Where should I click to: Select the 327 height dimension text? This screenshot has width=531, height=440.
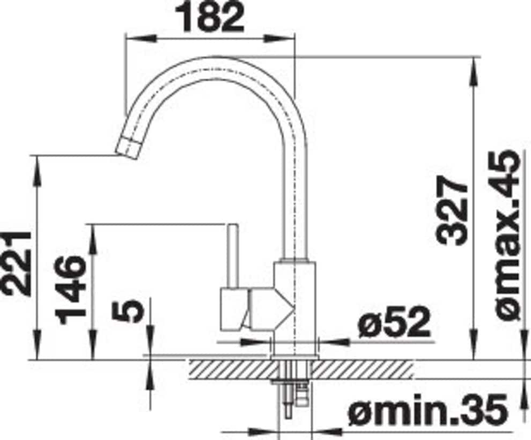[452, 212]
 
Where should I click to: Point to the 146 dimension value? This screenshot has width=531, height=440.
[71, 290]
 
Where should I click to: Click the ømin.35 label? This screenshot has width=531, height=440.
[429, 411]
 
